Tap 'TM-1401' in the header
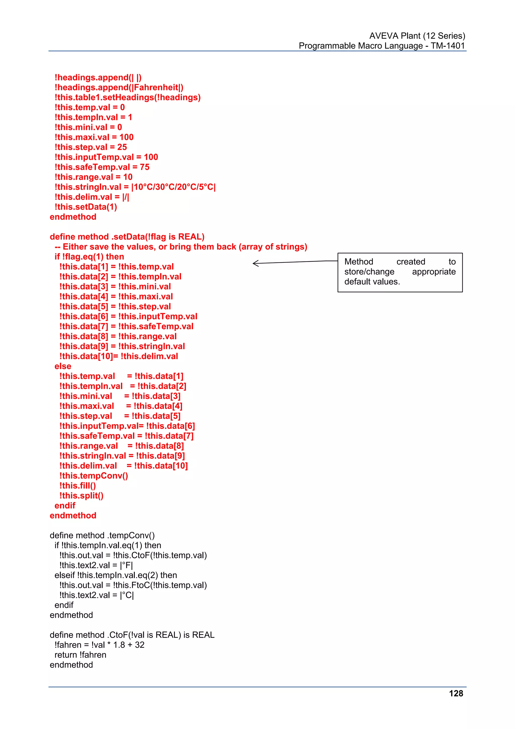447,46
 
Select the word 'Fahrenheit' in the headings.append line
156,87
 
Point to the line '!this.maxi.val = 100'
94,137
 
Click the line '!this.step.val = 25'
91,147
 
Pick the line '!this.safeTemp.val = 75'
102,167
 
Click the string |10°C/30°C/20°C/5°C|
173,187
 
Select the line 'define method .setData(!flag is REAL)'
127,237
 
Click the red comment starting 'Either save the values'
185,247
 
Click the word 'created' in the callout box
411,262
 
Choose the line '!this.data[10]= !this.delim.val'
119,356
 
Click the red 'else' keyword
63,366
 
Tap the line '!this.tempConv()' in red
94,476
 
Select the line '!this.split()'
81,496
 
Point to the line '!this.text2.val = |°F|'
96,565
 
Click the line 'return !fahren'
80,655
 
